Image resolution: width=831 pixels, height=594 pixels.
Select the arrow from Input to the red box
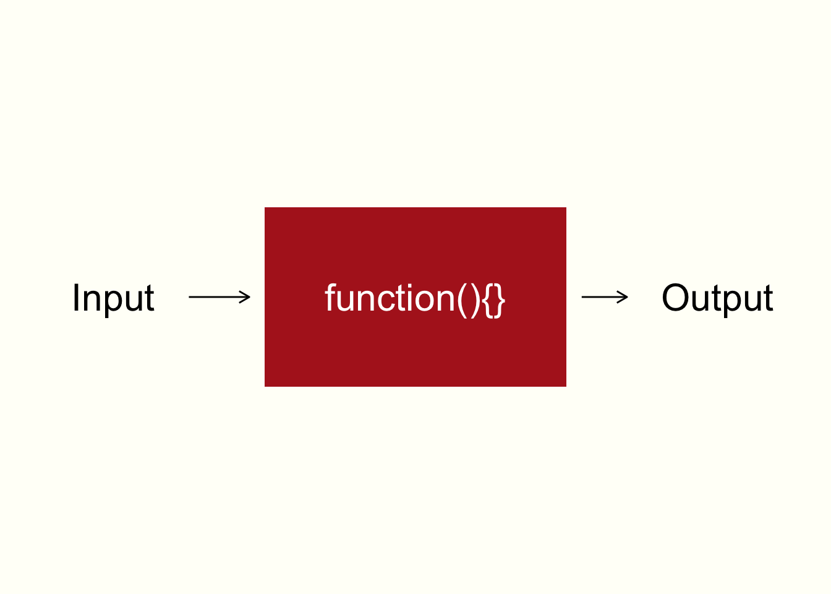[x=219, y=297]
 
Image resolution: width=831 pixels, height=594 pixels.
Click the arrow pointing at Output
[x=605, y=297]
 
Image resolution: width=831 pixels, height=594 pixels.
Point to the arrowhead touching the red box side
[x=245, y=297]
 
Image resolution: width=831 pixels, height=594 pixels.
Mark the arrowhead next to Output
[x=623, y=297]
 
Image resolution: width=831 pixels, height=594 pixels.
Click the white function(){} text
[x=415, y=300]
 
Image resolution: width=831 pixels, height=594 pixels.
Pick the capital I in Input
[x=76, y=298]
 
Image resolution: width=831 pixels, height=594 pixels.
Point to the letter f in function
[x=330, y=298]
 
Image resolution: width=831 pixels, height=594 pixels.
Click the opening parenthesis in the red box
[x=462, y=301]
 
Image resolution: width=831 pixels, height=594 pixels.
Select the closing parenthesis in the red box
[x=475, y=301]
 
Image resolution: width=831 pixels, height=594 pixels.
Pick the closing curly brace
[x=500, y=301]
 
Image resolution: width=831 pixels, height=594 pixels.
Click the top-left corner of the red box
[x=265, y=207]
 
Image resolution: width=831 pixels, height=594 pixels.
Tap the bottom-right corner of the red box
[x=566, y=387]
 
